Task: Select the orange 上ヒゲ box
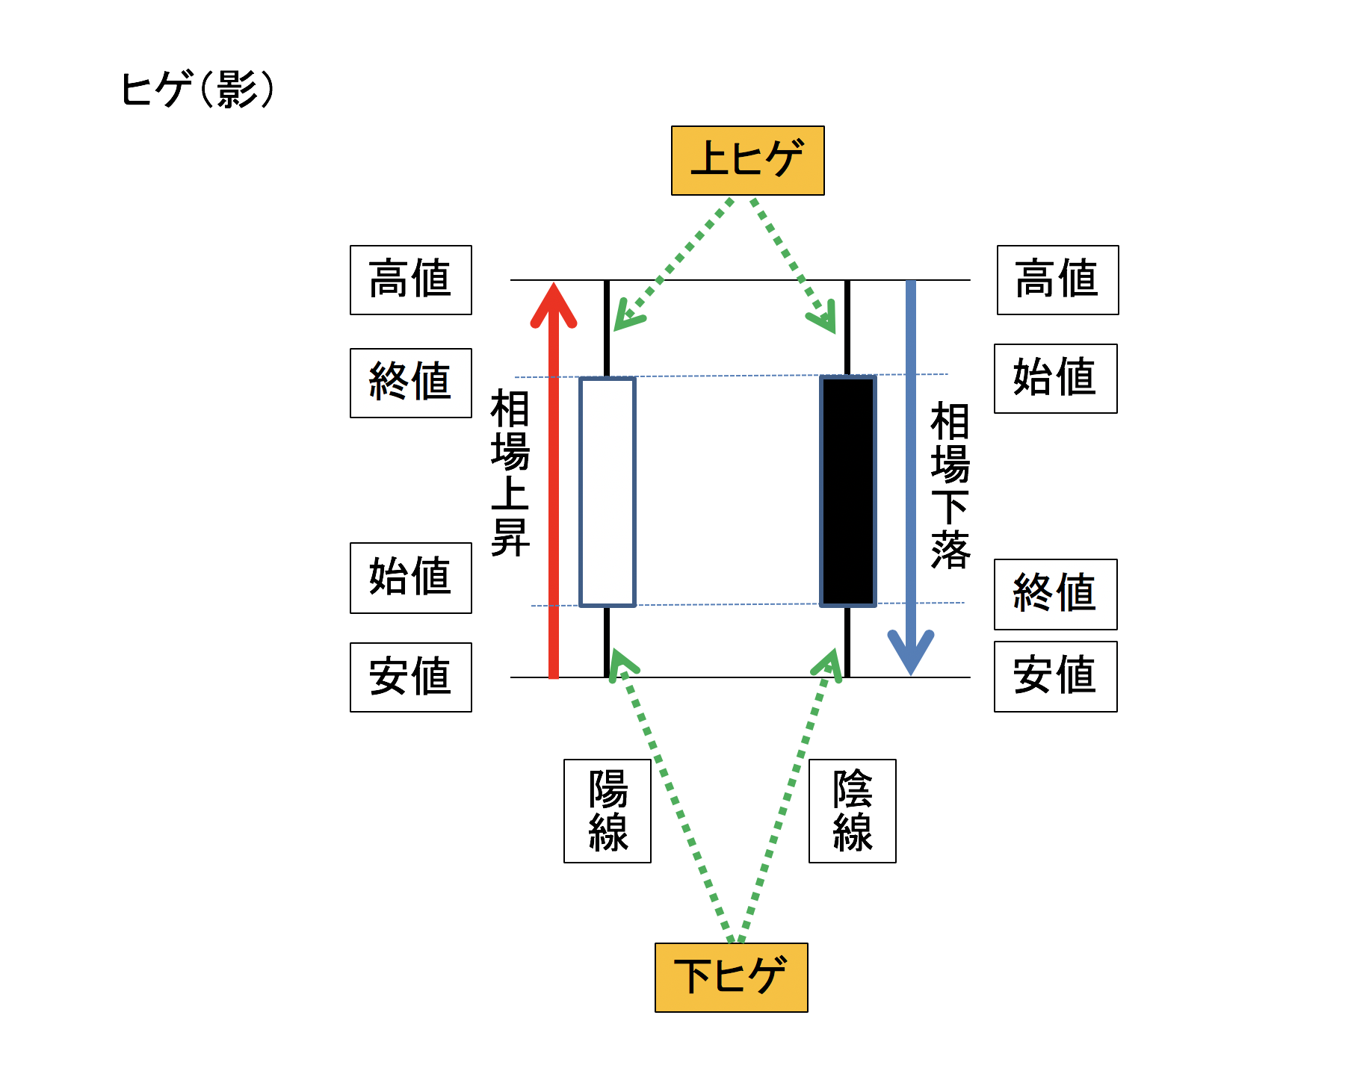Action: tap(747, 161)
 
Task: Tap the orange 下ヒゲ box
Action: tap(731, 977)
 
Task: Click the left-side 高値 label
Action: tap(410, 280)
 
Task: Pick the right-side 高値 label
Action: tap(1057, 280)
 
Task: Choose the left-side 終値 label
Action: tap(410, 382)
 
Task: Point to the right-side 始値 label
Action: tap(1055, 378)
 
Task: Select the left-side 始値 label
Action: tap(410, 577)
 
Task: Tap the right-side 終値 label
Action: tap(1055, 594)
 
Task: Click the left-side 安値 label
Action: tap(410, 677)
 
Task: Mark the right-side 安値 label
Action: tap(1055, 676)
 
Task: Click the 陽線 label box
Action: tap(607, 810)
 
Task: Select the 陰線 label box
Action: tap(852, 810)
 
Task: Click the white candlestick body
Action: tap(608, 491)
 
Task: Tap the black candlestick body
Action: tap(848, 491)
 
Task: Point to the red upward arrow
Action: tap(554, 485)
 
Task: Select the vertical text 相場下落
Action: tap(950, 485)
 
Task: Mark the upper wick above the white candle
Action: tap(607, 329)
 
